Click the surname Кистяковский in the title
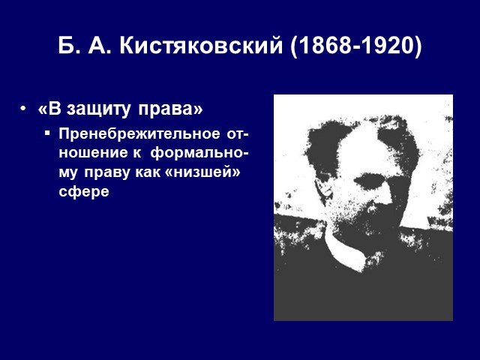[x=201, y=46]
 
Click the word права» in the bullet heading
[x=170, y=109]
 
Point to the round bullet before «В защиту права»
[x=22, y=109]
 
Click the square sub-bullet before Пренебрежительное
[x=46, y=133]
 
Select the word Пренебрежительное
[x=139, y=133]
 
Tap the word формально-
[x=199, y=153]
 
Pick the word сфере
[x=84, y=192]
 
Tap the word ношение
[x=93, y=153]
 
